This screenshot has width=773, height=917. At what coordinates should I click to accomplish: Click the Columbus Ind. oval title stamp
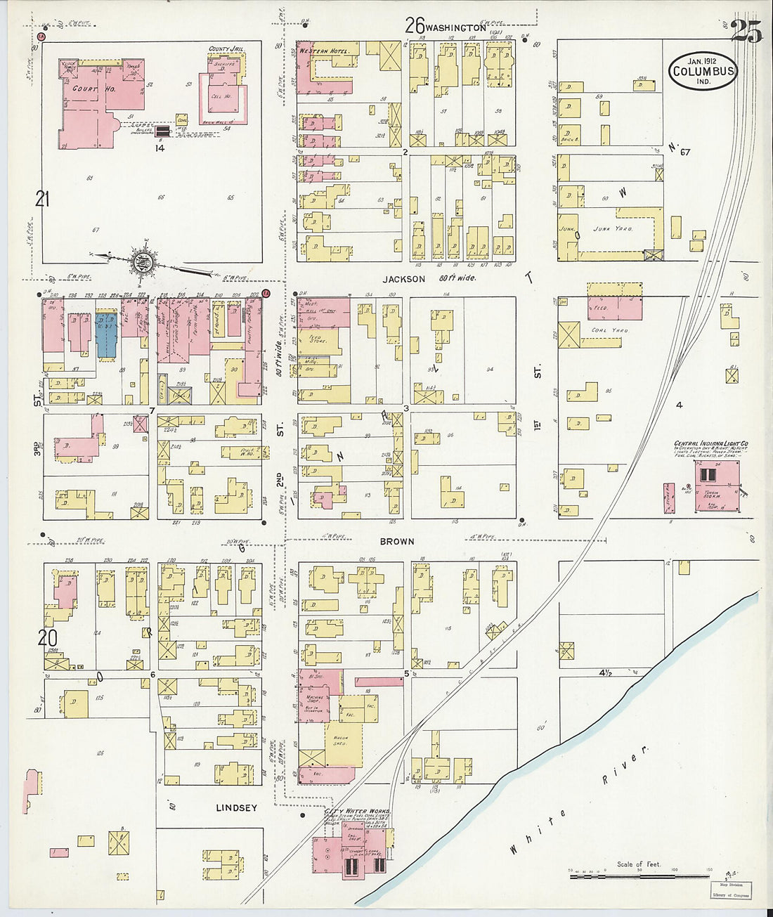(703, 71)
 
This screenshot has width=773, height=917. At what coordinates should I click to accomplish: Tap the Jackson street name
(404, 279)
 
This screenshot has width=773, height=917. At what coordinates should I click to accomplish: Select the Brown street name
(397, 542)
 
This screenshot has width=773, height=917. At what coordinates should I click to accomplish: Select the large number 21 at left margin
(43, 201)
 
